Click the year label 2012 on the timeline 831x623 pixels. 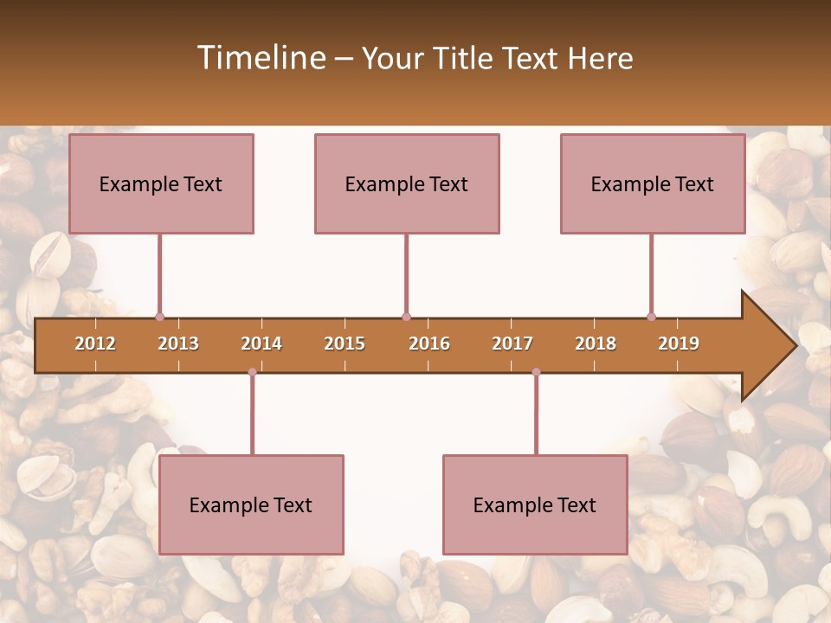[95, 344]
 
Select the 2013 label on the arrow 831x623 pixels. [178, 344]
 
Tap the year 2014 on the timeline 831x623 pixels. [261, 344]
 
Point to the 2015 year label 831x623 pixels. [345, 344]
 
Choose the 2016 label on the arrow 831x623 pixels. [429, 344]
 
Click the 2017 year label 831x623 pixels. [512, 344]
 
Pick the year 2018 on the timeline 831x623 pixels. [596, 344]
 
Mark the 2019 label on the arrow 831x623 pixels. [679, 344]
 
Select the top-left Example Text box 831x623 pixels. [161, 183]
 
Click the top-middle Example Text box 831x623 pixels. [407, 183]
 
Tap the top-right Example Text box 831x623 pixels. [653, 183]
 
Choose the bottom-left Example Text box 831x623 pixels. [251, 504]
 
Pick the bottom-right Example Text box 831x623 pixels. [535, 504]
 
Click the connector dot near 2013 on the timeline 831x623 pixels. [159, 317]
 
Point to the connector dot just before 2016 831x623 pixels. [406, 317]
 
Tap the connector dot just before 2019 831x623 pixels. [651, 317]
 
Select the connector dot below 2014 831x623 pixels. [252, 372]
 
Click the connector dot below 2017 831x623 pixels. [536, 372]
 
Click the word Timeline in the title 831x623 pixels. [261, 58]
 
